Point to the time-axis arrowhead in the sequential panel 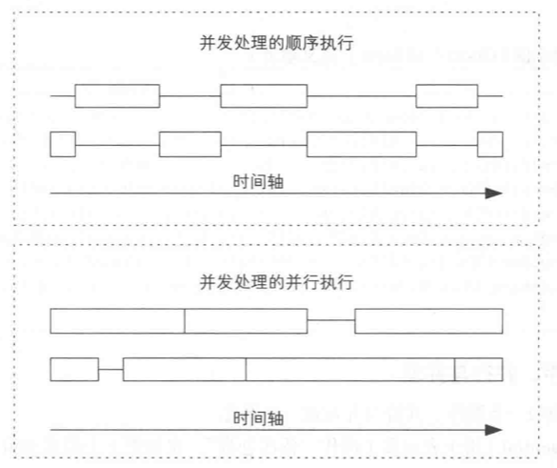[x=493, y=193]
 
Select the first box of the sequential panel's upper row [x=117, y=96]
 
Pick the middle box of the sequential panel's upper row [x=264, y=96]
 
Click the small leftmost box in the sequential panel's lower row [x=62, y=144]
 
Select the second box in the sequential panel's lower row [x=189, y=144]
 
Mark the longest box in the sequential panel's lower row [x=361, y=144]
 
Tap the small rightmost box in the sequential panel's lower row [x=489, y=144]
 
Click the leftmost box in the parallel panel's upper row [x=117, y=320]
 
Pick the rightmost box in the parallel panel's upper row [x=428, y=320]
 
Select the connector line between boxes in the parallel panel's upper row [x=330, y=320]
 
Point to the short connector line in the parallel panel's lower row [x=110, y=368]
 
